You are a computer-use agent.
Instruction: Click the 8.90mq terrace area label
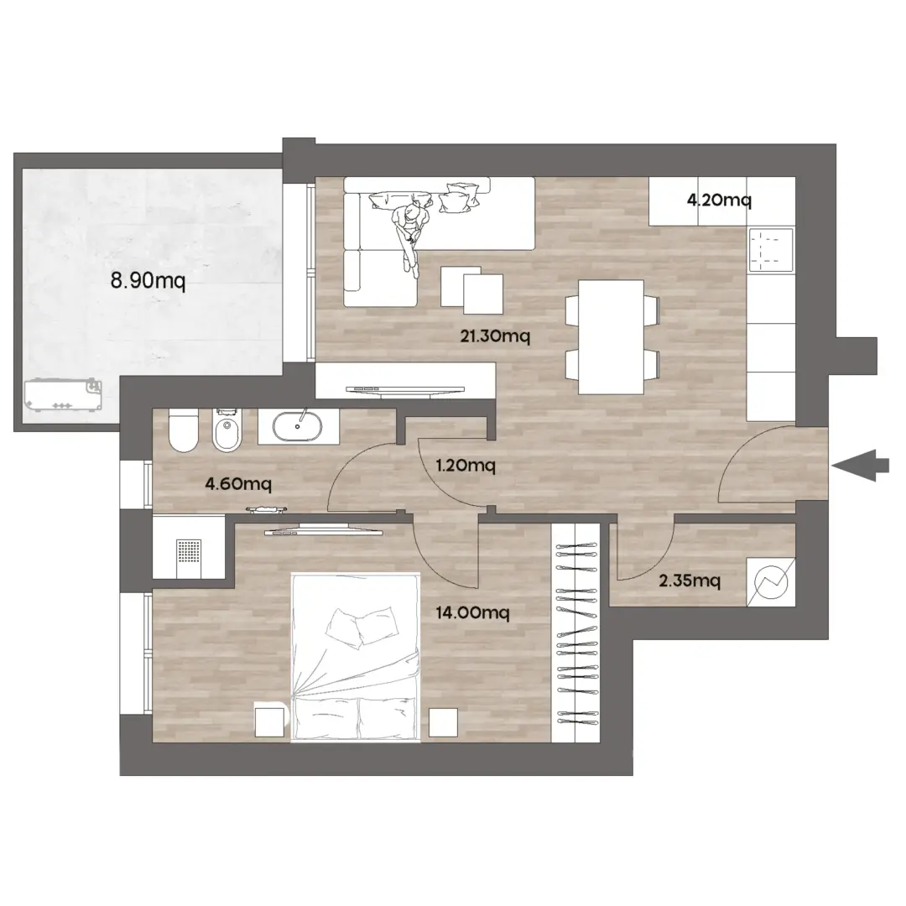148,281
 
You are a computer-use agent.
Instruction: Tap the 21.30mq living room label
495,336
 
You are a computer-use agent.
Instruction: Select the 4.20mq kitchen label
719,200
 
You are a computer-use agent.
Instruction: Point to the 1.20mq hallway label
466,465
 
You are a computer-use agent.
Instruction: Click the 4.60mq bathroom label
238,483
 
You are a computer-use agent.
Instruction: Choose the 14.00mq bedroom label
472,612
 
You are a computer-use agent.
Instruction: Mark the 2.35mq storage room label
690,581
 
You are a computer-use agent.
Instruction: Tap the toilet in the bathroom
183,431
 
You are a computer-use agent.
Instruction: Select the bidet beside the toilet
227,431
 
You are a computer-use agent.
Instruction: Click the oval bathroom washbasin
298,427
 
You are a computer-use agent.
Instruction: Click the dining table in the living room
612,337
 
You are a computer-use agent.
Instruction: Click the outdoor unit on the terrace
63,395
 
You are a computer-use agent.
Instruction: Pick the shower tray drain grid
189,552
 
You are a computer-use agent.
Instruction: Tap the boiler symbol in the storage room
771,582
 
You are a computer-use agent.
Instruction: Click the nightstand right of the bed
443,722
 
